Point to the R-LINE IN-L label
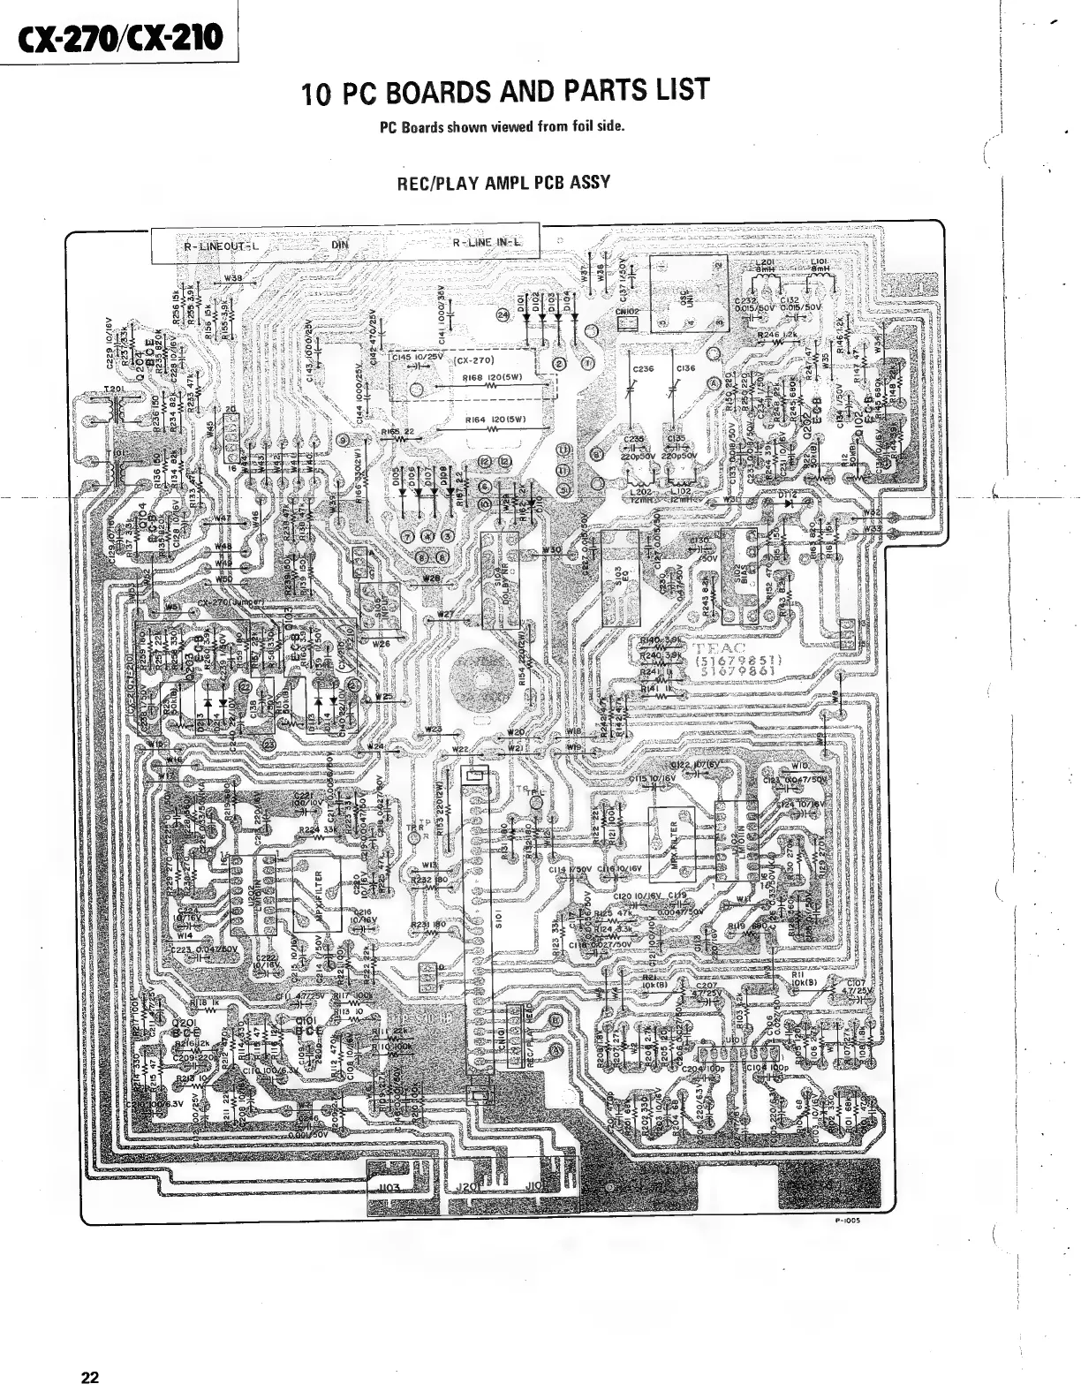point(485,243)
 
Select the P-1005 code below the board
point(844,1221)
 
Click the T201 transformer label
point(113,389)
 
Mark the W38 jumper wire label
point(234,278)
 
